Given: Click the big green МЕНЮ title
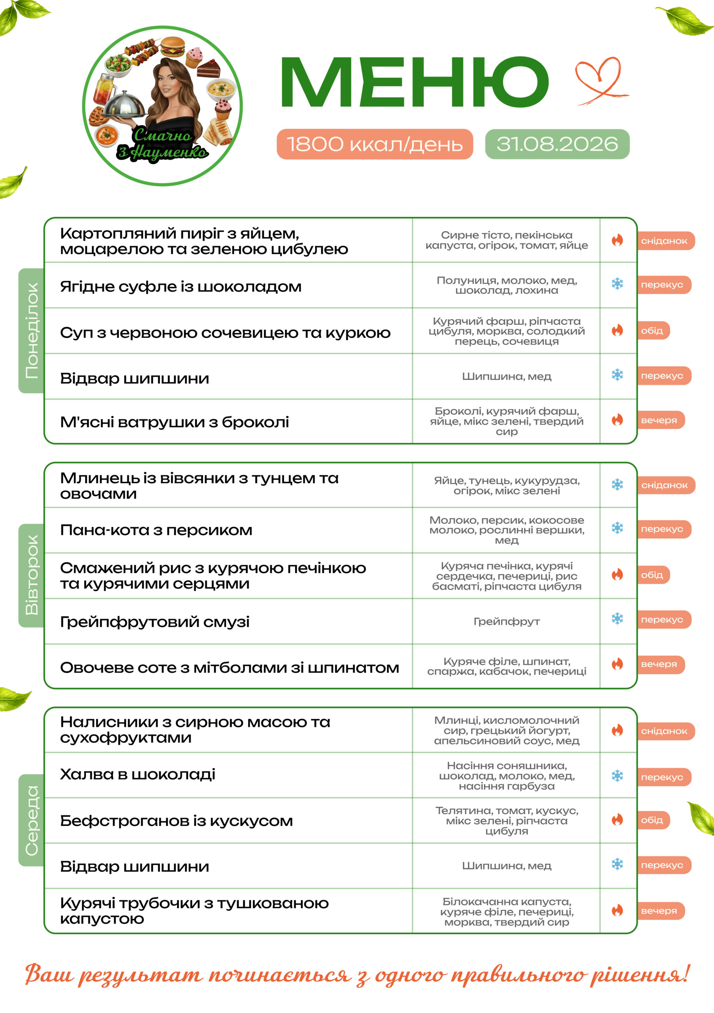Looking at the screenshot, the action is pyautogui.click(x=414, y=82).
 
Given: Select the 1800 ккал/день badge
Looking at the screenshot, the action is pyautogui.click(x=375, y=144).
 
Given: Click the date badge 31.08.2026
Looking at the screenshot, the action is pyautogui.click(x=557, y=144).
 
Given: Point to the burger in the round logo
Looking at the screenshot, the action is pyautogui.click(x=172, y=46).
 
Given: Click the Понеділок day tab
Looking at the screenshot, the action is pyautogui.click(x=31, y=330).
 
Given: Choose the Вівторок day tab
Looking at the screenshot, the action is pyautogui.click(x=31, y=575).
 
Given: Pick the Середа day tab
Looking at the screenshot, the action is pyautogui.click(x=31, y=820).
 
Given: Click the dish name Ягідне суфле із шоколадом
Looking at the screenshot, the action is pyautogui.click(x=181, y=287).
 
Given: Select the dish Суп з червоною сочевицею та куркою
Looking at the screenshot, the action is pyautogui.click(x=225, y=333).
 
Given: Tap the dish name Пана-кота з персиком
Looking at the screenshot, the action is pyautogui.click(x=156, y=530).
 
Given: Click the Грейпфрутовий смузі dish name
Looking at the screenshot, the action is pyautogui.click(x=155, y=622).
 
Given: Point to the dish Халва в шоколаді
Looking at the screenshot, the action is pyautogui.click(x=138, y=774).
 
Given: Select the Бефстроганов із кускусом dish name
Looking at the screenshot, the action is pyautogui.click(x=177, y=821).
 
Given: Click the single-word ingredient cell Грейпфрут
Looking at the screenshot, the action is pyautogui.click(x=507, y=622).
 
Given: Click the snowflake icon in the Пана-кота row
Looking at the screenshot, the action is pyautogui.click(x=617, y=528).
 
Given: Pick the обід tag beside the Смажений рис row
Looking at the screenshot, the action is pyautogui.click(x=653, y=575).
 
